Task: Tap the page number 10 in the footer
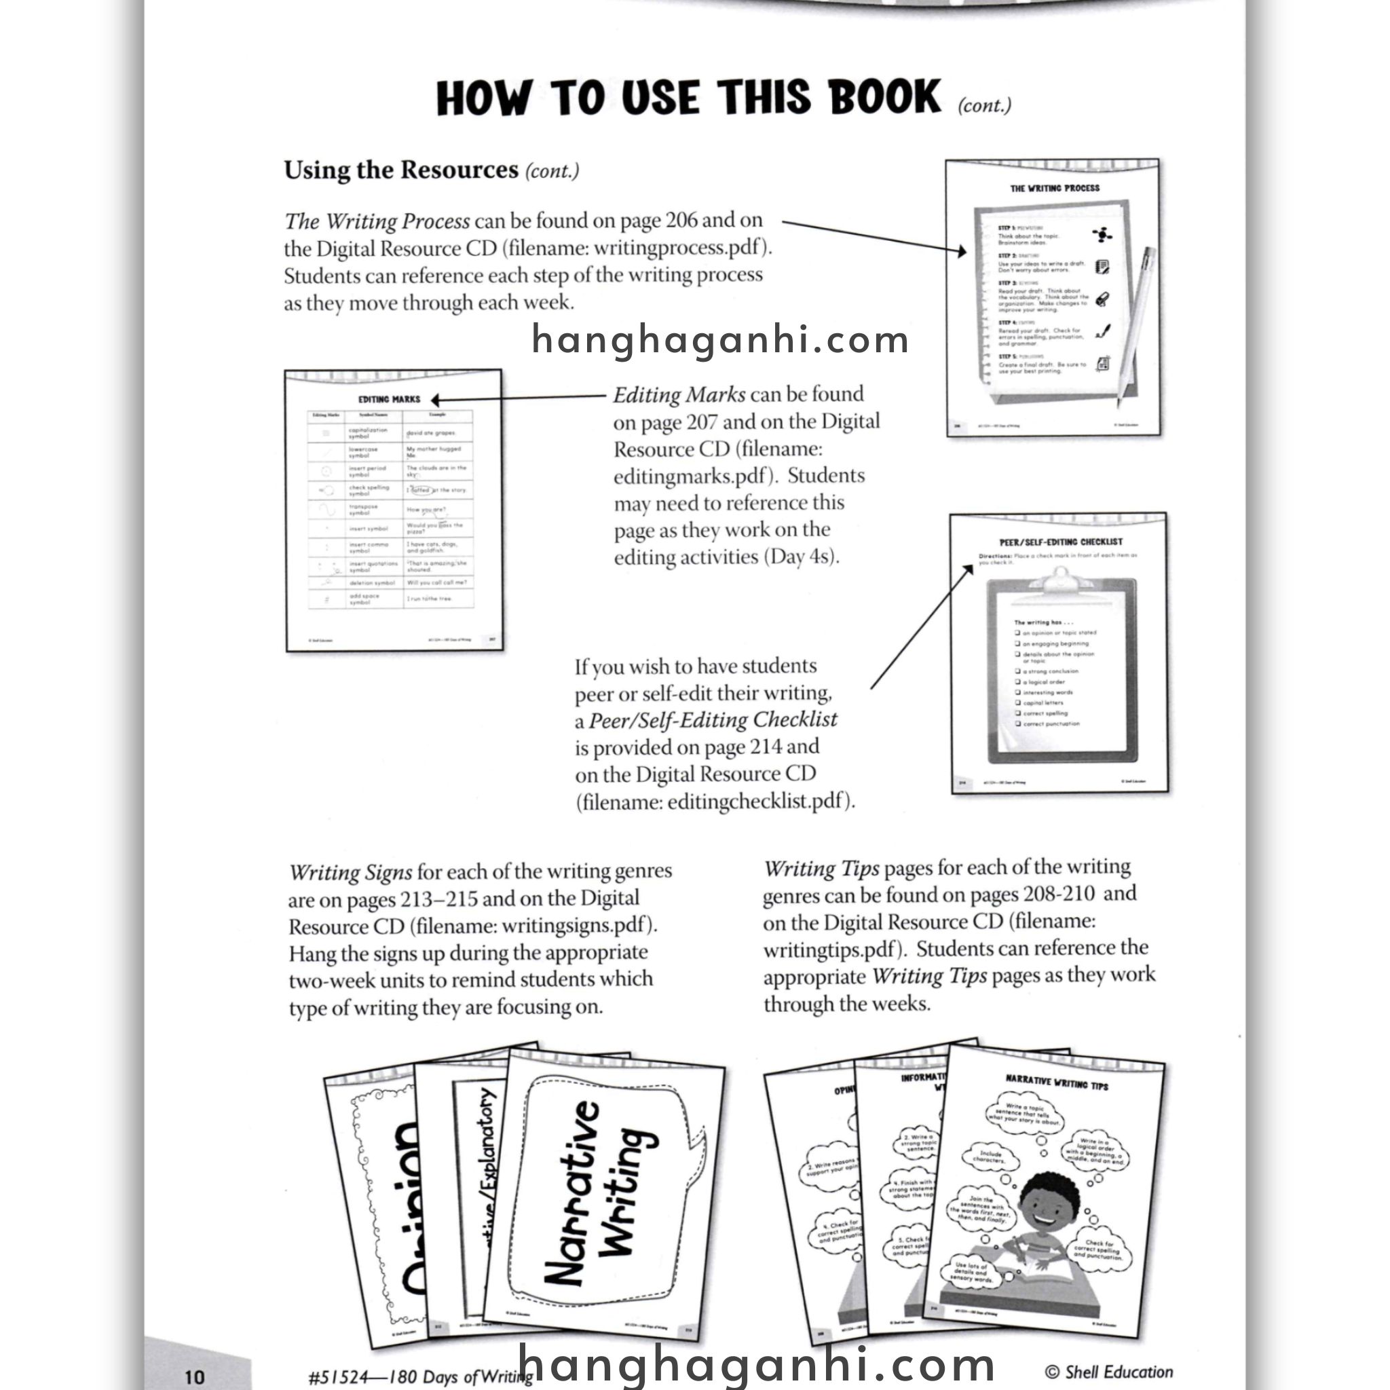(x=195, y=1376)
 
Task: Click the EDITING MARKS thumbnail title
(x=389, y=399)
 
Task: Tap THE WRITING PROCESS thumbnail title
(x=1055, y=189)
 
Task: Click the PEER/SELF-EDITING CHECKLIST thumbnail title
(x=1061, y=542)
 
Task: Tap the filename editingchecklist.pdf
(x=755, y=802)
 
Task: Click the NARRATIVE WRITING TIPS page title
(x=1056, y=1083)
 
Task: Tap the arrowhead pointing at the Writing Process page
(x=962, y=251)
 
